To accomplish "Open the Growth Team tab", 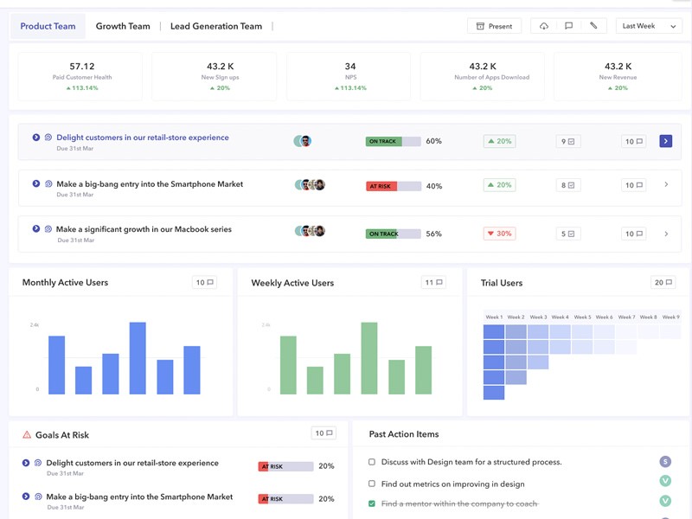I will [x=123, y=26].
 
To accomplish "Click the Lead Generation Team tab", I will [x=215, y=26].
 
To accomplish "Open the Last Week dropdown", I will [x=650, y=26].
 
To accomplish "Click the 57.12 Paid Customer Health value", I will [x=82, y=67].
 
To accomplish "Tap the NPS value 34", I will [x=349, y=67].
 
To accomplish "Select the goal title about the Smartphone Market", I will [x=150, y=184].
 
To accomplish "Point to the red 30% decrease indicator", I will [x=499, y=234].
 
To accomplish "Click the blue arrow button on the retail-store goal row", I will [x=665, y=141].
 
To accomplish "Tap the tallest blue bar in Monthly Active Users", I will [x=138, y=358].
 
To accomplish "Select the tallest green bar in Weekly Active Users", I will [x=369, y=358].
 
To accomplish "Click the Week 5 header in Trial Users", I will [x=582, y=317].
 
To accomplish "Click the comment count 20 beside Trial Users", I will [x=663, y=283].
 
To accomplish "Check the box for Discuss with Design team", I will [x=372, y=462].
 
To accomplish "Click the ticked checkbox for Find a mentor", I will [x=372, y=503].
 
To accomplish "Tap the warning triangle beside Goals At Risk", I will [x=27, y=435].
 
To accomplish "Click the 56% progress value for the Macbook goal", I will [x=434, y=234].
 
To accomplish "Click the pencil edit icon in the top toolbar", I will [x=593, y=26].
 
